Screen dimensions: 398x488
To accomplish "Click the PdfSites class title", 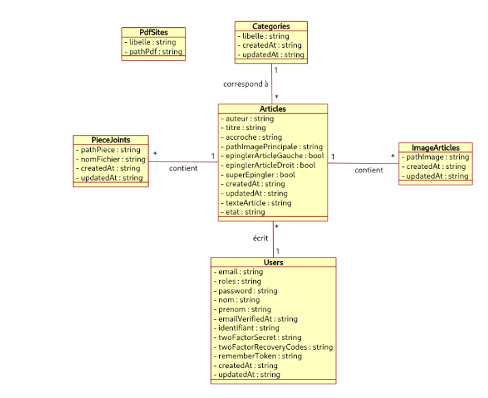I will point(154,32).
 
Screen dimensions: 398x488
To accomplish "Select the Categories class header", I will point(271,27).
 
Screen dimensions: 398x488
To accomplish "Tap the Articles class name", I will point(272,109).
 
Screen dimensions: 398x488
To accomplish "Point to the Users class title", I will point(273,262).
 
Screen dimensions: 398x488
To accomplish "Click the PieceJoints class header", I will point(111,140).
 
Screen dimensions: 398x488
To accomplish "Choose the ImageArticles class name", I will point(435,147).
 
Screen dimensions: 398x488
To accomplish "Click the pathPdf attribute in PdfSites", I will point(156,52).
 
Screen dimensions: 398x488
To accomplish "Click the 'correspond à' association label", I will point(246,85).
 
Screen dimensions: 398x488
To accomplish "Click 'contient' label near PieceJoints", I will point(184,168).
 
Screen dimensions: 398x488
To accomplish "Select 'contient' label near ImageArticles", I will point(369,170).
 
